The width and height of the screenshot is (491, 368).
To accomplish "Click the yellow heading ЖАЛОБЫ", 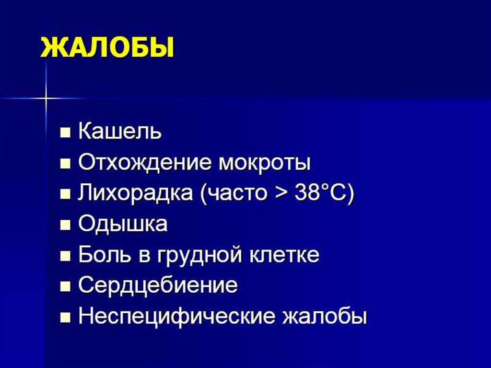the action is click(x=107, y=47).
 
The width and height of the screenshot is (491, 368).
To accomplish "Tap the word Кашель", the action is click(x=120, y=131).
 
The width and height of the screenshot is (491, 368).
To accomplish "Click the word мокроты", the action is click(x=264, y=163).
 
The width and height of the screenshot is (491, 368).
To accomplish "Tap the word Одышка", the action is click(x=123, y=224).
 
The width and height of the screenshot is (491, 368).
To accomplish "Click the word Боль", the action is click(x=105, y=254).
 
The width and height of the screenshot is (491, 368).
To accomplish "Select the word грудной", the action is click(x=199, y=255).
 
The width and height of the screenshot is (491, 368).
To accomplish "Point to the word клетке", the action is click(x=285, y=254).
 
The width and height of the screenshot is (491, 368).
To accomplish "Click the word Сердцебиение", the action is click(x=158, y=285).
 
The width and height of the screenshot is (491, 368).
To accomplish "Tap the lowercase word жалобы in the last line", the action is click(x=325, y=316).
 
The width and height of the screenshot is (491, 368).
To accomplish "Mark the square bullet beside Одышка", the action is click(x=65, y=225).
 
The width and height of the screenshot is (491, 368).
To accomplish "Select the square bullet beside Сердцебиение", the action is click(x=65, y=286).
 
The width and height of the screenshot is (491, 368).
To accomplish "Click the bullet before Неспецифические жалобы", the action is click(x=65, y=318).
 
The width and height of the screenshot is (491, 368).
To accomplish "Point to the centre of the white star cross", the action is click(x=46, y=98).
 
